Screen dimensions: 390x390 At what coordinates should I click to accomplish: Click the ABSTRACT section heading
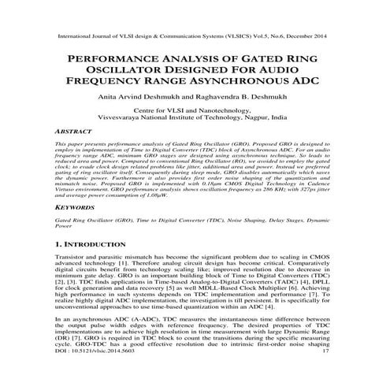click(74, 136)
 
